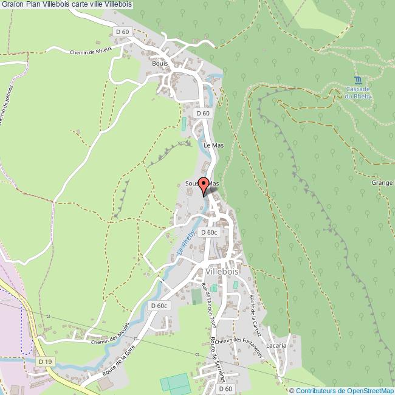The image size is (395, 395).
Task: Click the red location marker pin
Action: coord(204,187)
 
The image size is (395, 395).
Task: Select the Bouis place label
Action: coord(159,63)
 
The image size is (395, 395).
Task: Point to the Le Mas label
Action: coord(214,145)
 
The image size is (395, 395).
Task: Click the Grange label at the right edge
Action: coord(382,182)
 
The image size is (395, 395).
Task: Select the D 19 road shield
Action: coord(44,362)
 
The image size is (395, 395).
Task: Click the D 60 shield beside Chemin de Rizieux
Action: coord(122,32)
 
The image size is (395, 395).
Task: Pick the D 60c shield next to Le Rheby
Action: coord(208,232)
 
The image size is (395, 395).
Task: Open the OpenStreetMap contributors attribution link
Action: coord(342,390)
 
